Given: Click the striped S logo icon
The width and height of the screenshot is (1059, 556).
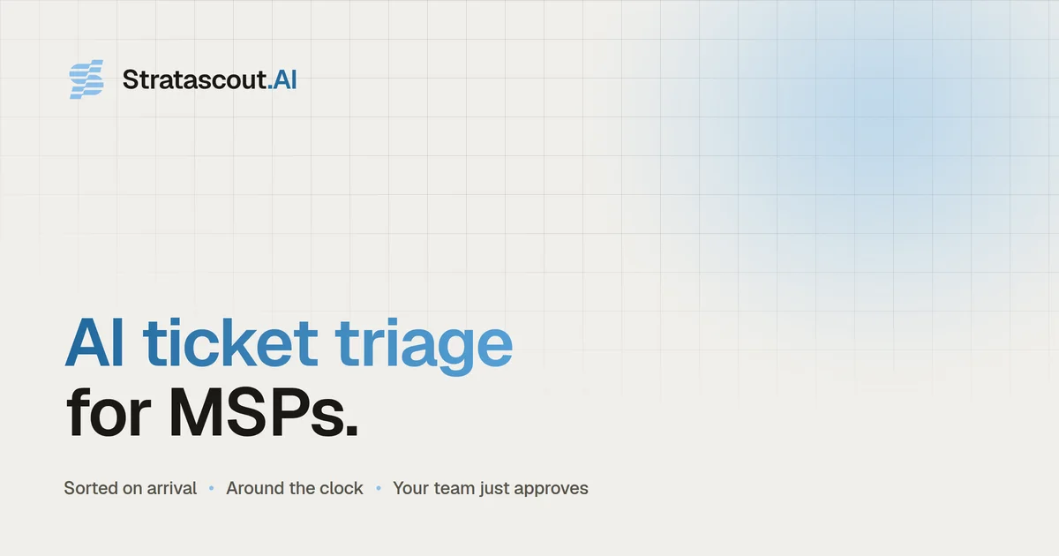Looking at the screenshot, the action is [86, 79].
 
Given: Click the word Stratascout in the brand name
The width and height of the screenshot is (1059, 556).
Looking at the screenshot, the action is [195, 79].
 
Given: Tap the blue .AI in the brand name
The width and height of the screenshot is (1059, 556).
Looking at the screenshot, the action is [282, 79].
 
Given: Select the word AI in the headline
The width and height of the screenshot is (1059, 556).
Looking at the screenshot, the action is [94, 342].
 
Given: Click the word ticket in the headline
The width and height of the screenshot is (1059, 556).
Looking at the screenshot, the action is [230, 342].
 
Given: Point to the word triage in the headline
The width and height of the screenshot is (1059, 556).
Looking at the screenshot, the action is [424, 346].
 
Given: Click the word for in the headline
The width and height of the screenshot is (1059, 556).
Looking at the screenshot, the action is [109, 412].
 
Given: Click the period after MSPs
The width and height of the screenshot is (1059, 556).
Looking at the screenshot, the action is [352, 430].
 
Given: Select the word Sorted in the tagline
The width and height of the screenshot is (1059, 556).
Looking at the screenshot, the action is [91, 488].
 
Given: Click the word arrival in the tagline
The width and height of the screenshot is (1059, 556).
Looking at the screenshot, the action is [171, 488].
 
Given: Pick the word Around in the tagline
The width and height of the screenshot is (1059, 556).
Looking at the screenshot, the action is [255, 488].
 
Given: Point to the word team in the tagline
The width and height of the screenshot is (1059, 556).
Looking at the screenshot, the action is [454, 488].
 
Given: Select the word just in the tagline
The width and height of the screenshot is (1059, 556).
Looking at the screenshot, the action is [493, 489].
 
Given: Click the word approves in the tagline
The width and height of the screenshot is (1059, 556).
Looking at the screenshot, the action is [552, 489].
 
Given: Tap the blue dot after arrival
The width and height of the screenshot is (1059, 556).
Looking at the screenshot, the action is [211, 488].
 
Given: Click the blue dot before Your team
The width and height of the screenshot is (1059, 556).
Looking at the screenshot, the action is [379, 488].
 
